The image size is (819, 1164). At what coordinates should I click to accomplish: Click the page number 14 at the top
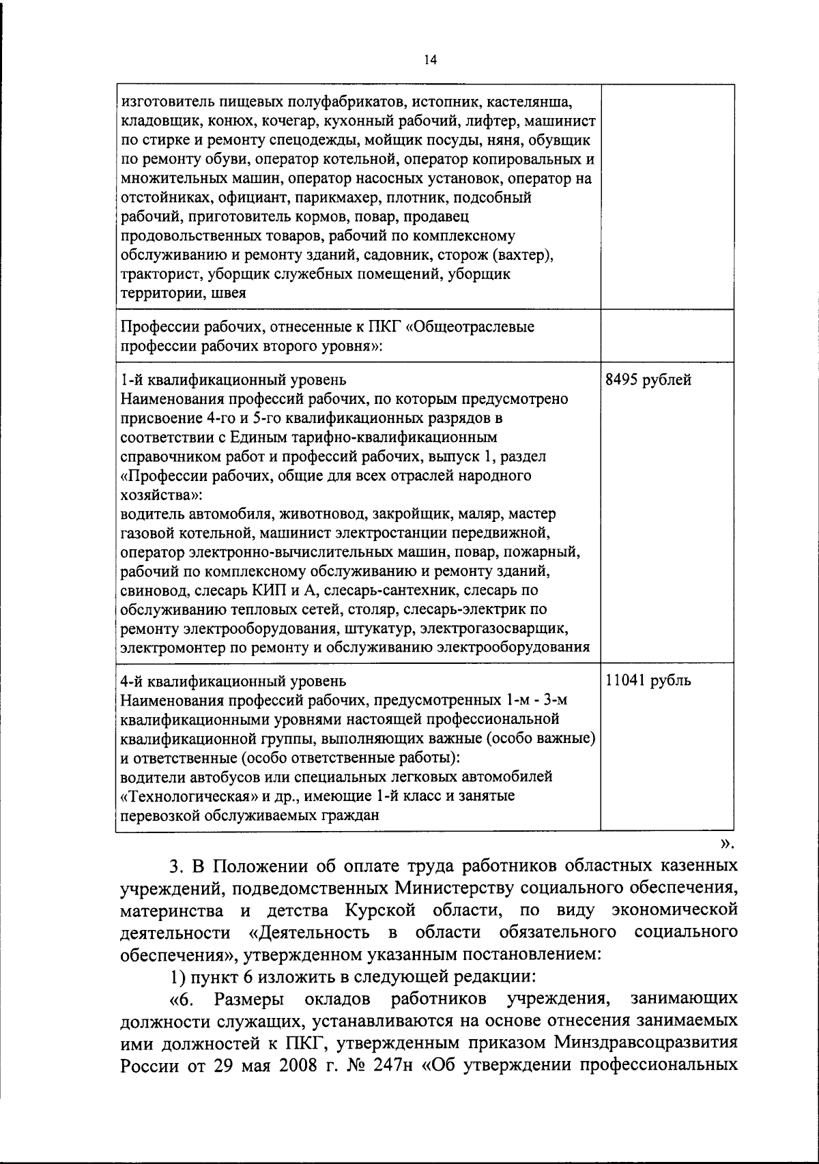pos(429,60)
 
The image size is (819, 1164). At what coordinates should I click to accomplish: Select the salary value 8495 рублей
pos(648,380)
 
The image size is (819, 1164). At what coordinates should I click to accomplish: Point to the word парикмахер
pos(339,199)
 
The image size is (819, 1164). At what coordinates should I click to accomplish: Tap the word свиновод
pos(150,590)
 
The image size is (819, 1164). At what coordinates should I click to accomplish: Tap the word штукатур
pos(381,628)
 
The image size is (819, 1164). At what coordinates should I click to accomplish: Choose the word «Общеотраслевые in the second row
pos(470,327)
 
